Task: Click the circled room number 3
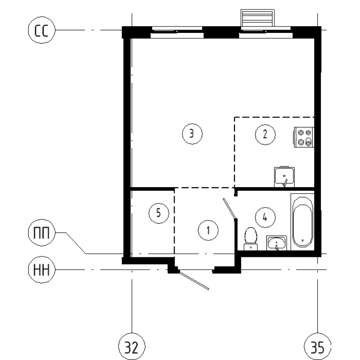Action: pos(192,134)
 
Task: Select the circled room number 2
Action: pos(265,134)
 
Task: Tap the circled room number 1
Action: pos(208,230)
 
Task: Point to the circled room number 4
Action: pos(265,217)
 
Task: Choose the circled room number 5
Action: pos(158,212)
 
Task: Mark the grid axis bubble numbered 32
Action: pos(131,347)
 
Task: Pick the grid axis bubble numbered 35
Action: pos(318,347)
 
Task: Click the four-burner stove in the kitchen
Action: pos(304,137)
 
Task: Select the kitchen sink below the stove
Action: pos(284,176)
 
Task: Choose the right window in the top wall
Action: pos(265,32)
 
